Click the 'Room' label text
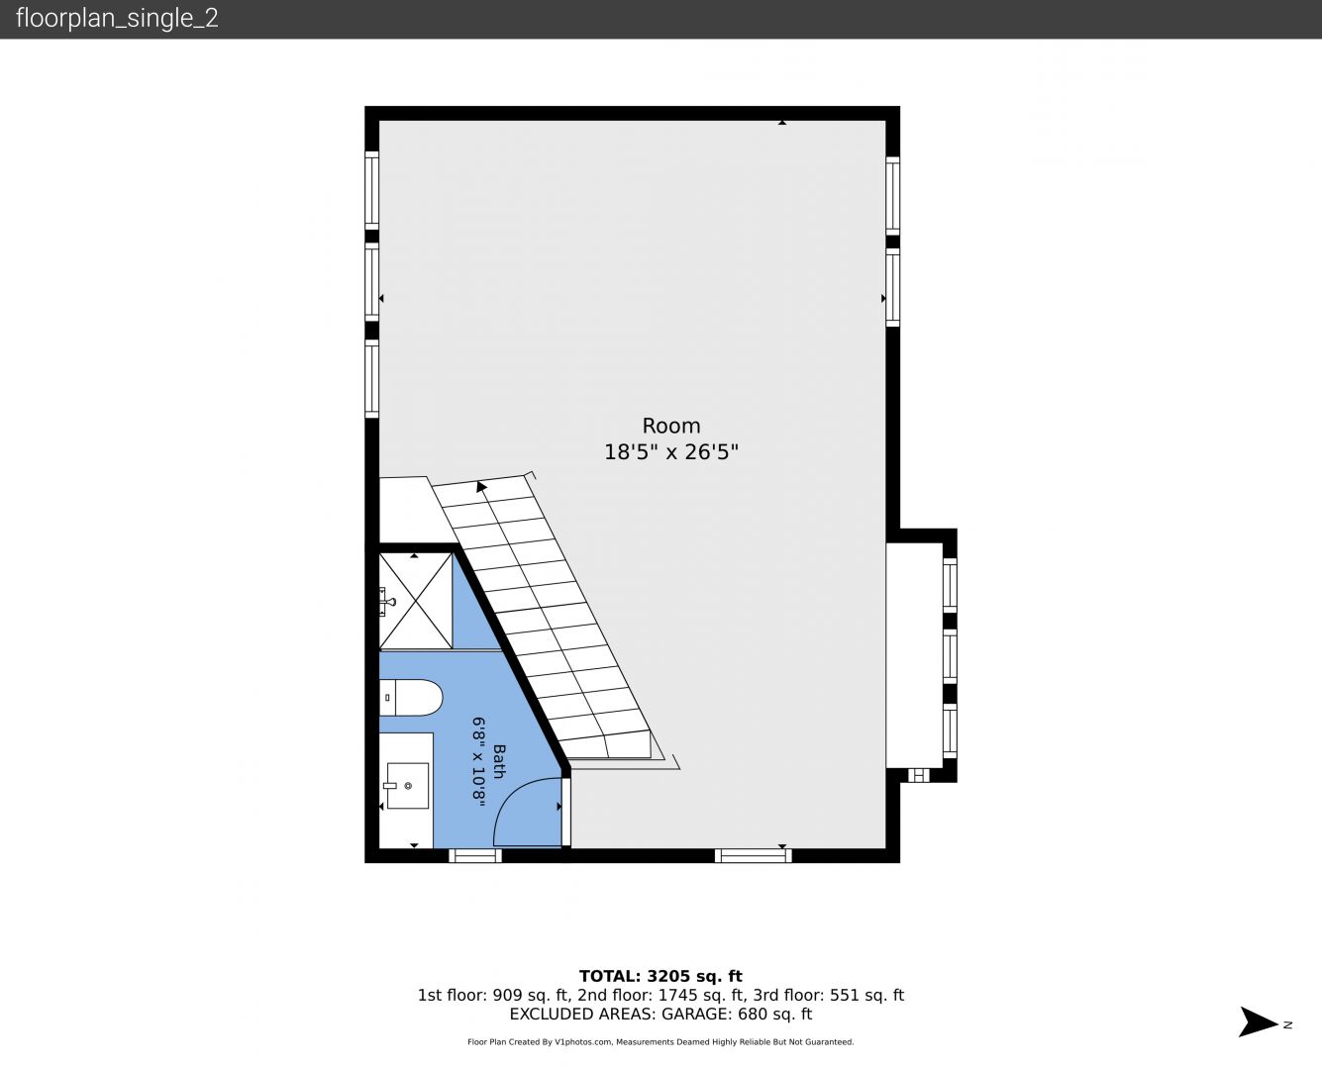(671, 426)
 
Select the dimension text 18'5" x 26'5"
(671, 451)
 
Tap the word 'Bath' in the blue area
(499, 761)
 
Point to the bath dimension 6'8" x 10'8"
(478, 761)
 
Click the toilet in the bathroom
(411, 698)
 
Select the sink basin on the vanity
(408, 786)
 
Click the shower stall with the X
(415, 601)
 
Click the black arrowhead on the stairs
(481, 487)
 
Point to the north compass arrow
(1258, 1021)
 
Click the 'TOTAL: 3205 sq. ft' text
(661, 976)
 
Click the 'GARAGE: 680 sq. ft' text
(736, 1014)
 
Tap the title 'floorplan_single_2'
(117, 19)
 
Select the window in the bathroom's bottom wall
(474, 855)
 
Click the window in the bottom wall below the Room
(753, 855)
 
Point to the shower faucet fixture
(387, 601)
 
